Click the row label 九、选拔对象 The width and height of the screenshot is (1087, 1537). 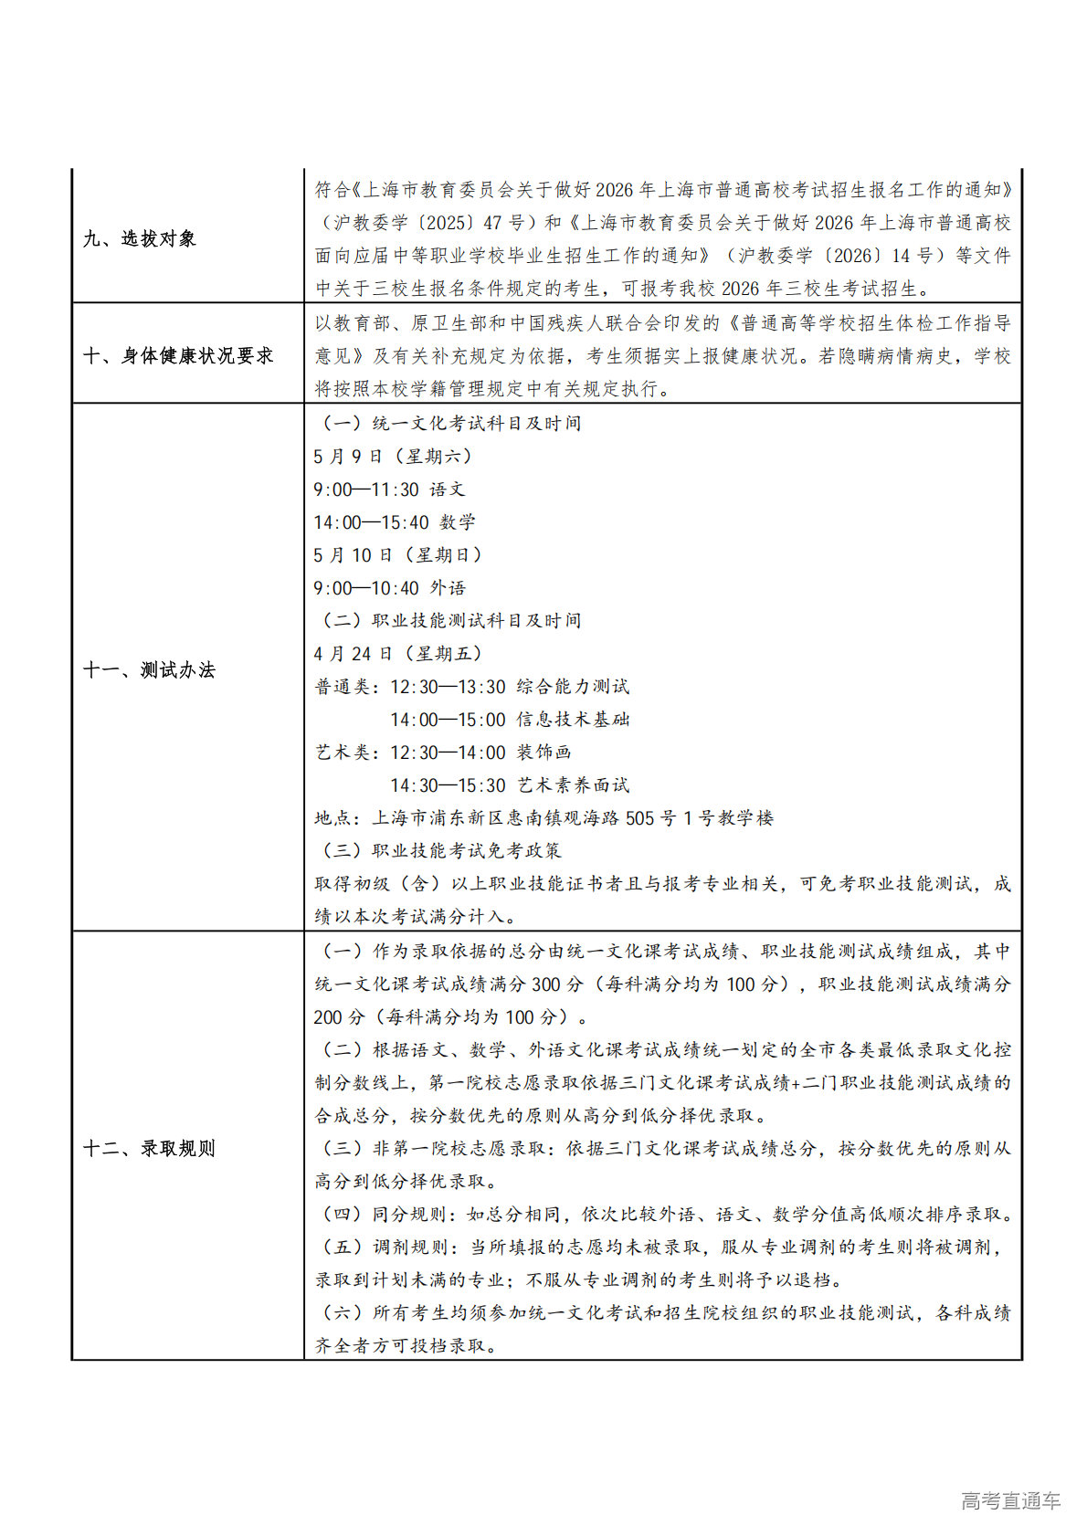coord(139,239)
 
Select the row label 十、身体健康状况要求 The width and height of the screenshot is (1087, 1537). coord(178,356)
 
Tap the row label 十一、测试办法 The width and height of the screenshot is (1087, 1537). coord(149,670)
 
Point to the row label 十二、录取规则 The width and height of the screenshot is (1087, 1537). coord(149,1149)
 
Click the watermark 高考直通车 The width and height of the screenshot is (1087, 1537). coord(1010,1500)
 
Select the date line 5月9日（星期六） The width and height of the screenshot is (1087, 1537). coord(393,457)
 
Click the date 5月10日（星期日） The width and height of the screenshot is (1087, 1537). coord(397,555)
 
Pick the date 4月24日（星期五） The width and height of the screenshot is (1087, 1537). coord(397,654)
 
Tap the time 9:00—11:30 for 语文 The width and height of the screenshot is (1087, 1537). coord(365,490)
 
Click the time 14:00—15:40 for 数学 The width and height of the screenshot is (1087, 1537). coord(371,522)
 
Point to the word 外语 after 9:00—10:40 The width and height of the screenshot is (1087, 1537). coord(448,588)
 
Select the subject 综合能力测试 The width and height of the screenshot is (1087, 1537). coord(573,687)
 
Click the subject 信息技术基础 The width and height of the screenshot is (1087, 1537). coord(573,720)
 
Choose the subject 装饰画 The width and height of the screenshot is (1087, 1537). coord(544,753)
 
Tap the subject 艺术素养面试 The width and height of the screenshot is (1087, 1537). coord(573,785)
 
